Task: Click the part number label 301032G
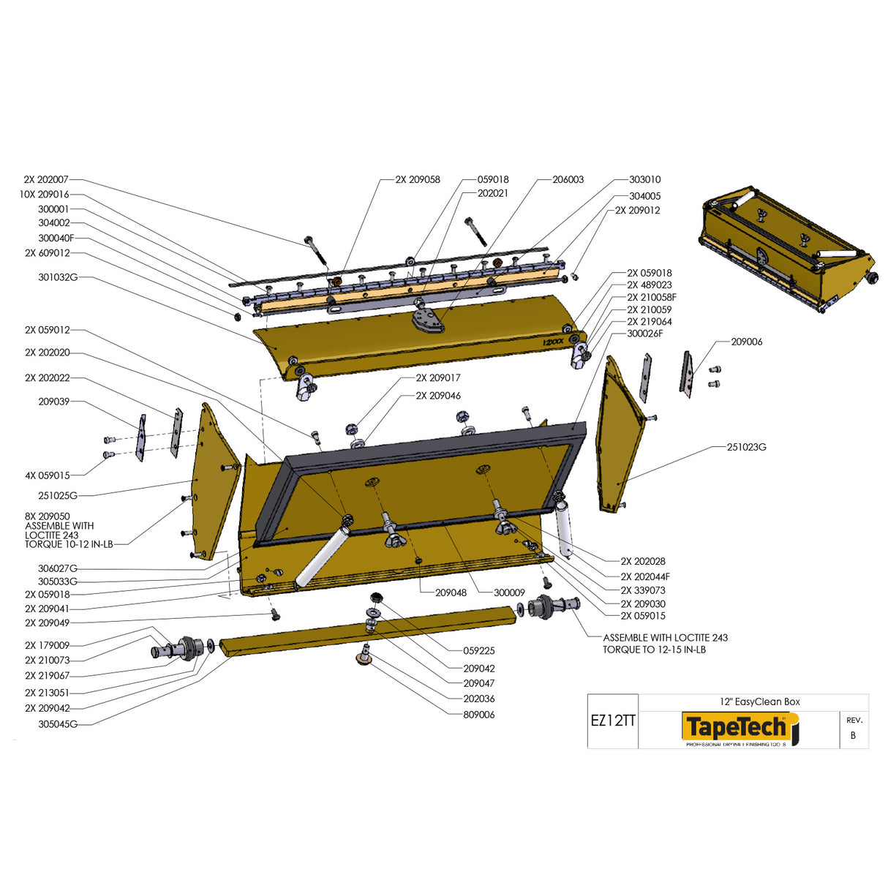tap(58, 278)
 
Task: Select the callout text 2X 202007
tap(46, 180)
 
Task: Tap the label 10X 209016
tap(44, 195)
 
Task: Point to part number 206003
tap(568, 180)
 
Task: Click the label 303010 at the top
tap(644, 180)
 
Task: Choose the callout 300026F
tap(644, 334)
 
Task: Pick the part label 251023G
tap(746, 447)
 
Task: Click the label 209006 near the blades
tap(746, 342)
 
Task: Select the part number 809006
tap(478, 715)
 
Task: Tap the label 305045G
tap(58, 724)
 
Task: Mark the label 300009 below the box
tap(509, 592)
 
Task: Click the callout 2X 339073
tap(643, 590)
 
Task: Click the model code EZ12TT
tap(613, 720)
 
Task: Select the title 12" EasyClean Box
tap(759, 702)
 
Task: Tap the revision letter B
tap(853, 735)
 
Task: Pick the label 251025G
tap(58, 496)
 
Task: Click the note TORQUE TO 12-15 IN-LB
tap(654, 650)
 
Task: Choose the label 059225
tap(478, 651)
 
